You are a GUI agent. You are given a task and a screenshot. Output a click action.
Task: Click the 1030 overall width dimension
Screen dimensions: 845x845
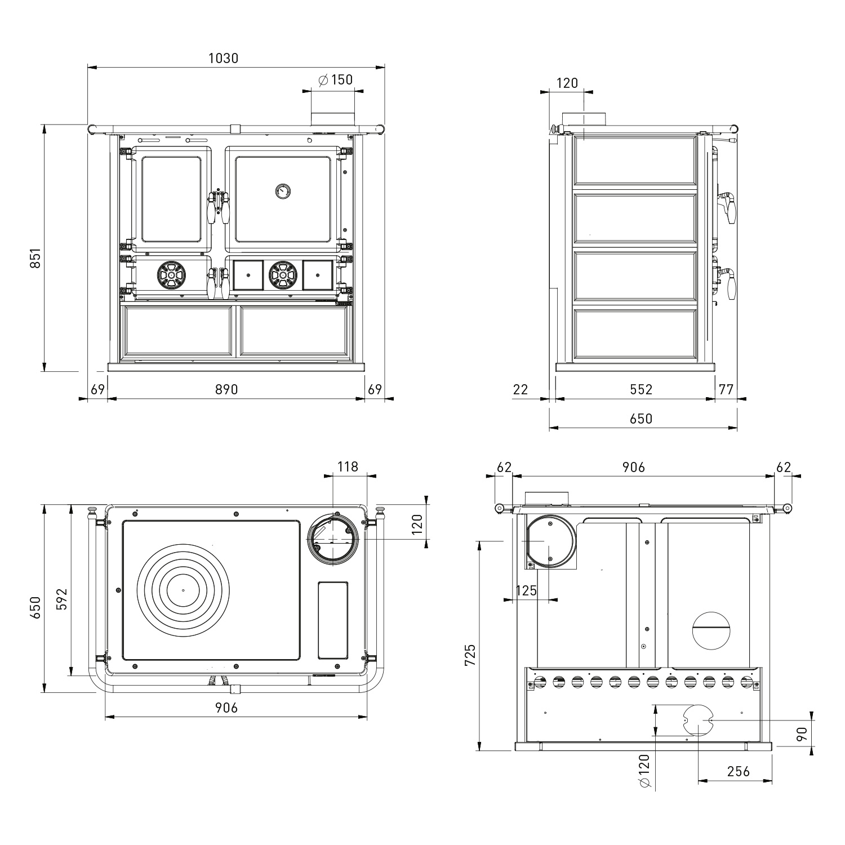[x=224, y=58]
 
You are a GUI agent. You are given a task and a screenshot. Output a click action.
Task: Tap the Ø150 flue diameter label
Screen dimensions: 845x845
[x=336, y=79]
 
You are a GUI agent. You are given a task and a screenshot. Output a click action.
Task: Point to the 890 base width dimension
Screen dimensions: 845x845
[x=226, y=389]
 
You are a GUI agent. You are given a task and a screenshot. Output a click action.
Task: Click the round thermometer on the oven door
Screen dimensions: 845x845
[x=282, y=191]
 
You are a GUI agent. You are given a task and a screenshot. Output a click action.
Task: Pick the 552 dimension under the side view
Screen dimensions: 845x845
[x=641, y=389]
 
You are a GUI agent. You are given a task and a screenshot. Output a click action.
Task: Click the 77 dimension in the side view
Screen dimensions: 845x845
[x=727, y=389]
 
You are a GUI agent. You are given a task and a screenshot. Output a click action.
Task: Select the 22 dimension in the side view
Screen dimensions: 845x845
[x=521, y=389]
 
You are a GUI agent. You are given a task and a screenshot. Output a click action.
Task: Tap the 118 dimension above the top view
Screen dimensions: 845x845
[x=348, y=466]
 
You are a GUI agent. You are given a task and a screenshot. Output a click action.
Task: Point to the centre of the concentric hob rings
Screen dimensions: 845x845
[x=183, y=590]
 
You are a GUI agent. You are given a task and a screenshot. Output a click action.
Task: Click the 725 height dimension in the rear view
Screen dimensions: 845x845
[x=470, y=655]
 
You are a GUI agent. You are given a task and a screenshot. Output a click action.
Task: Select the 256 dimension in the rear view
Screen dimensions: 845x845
[x=738, y=771]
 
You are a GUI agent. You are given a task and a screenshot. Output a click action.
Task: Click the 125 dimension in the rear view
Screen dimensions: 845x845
[x=526, y=590]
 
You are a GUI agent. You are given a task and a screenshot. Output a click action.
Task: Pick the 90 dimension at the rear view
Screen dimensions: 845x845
[x=803, y=734]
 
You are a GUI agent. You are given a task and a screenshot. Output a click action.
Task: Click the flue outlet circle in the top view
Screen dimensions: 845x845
[x=332, y=539]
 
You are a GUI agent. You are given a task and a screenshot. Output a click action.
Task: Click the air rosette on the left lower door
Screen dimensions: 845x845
[x=171, y=275]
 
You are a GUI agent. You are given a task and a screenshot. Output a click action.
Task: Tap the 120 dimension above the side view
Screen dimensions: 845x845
[x=567, y=83]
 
